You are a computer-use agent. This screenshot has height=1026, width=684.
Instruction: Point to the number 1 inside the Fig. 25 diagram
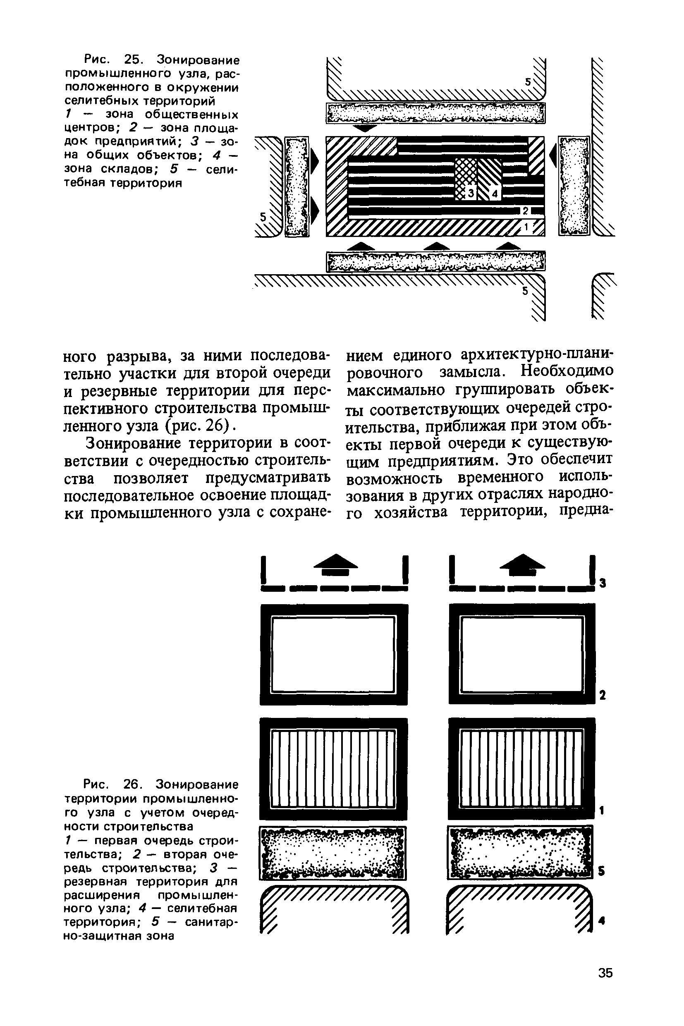pyautogui.click(x=526, y=227)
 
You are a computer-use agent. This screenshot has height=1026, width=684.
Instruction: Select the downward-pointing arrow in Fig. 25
pyautogui.click(x=365, y=128)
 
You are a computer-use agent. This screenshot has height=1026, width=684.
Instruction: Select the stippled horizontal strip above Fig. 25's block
pyautogui.click(x=435, y=113)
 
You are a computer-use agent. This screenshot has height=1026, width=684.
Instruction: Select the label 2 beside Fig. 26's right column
pyautogui.click(x=602, y=695)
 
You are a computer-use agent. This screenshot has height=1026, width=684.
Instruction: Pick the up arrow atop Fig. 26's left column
pyautogui.click(x=335, y=564)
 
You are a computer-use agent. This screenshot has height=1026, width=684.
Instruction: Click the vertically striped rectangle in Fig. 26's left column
pyautogui.click(x=334, y=769)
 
